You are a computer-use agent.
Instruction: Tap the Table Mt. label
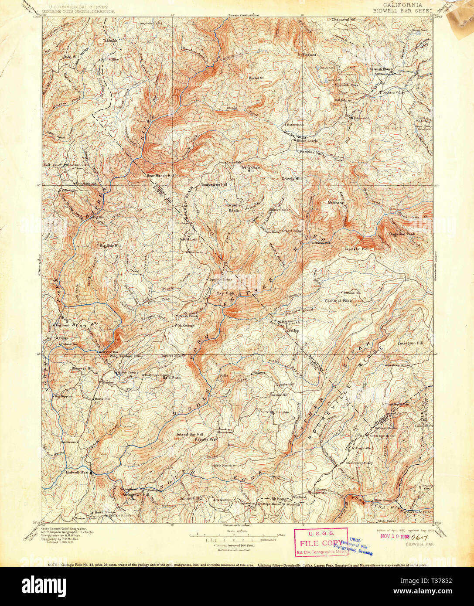coord(110,41)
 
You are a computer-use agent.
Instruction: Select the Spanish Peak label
coord(347,85)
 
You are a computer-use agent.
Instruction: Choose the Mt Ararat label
coord(336,202)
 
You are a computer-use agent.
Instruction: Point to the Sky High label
coord(226,293)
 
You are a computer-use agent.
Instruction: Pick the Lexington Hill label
coord(410,344)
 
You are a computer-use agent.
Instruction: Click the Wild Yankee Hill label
coord(125,356)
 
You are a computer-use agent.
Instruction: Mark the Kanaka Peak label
coord(206,439)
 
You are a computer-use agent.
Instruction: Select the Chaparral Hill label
coord(344,20)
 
